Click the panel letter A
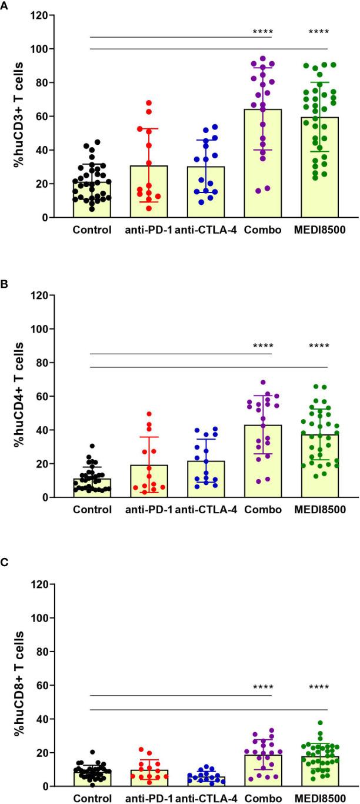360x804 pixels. tap(4, 4)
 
